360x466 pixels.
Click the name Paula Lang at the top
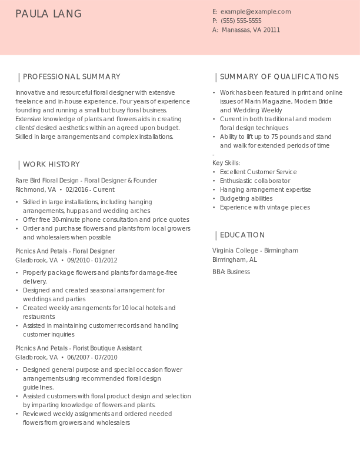pyautogui.click(x=49, y=14)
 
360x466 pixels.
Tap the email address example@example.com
pyautogui.click(x=255, y=12)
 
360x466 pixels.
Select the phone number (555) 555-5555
pyautogui.click(x=241, y=21)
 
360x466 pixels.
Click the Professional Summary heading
pyautogui.click(x=71, y=76)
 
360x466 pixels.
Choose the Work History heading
pyautogui.click(x=51, y=164)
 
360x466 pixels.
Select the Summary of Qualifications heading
pyautogui.click(x=279, y=76)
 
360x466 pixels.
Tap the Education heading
pyautogui.click(x=242, y=235)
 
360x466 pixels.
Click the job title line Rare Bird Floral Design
pyautogui.click(x=86, y=181)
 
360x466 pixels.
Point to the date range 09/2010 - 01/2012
pyautogui.click(x=92, y=260)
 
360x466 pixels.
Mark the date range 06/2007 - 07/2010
pyautogui.click(x=92, y=357)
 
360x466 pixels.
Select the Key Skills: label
pyautogui.click(x=226, y=163)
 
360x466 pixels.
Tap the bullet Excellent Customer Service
pyautogui.click(x=258, y=172)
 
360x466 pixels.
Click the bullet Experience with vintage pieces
pyautogui.click(x=265, y=207)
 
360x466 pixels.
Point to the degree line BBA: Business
pyautogui.click(x=231, y=272)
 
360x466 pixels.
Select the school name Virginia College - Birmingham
pyautogui.click(x=255, y=251)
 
